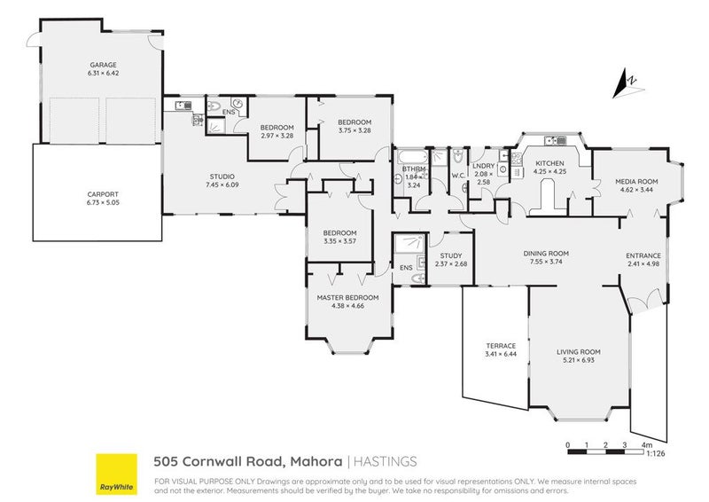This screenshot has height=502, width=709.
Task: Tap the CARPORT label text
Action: tap(102, 193)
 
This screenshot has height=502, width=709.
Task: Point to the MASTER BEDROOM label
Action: tap(347, 297)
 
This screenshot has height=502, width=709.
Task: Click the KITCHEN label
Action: tap(549, 163)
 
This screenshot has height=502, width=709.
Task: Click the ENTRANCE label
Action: tap(644, 255)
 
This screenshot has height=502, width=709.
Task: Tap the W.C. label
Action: tap(458, 175)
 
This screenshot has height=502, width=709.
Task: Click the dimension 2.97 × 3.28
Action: tap(277, 136)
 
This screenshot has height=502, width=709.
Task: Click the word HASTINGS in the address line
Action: tap(386, 461)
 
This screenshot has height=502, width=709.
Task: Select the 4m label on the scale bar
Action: tap(647, 443)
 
